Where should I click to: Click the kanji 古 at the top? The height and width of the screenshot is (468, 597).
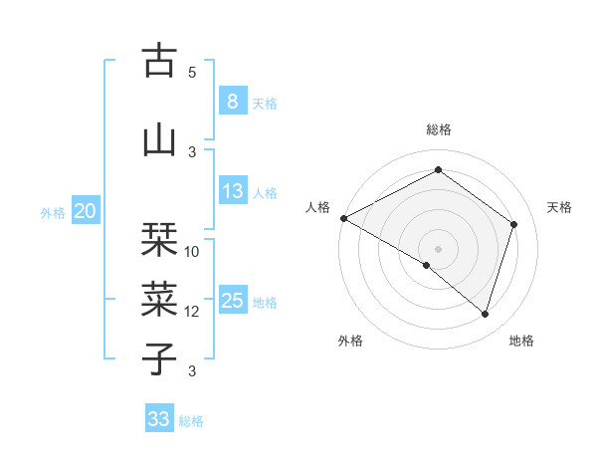tap(159, 61)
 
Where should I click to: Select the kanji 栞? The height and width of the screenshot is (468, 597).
tap(159, 238)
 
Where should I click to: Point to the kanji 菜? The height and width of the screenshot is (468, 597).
tap(159, 298)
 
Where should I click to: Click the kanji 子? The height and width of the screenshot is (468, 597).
tap(159, 357)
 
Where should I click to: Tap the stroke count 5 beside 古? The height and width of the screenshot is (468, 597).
tap(192, 73)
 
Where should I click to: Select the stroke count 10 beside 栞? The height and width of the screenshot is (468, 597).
tap(192, 251)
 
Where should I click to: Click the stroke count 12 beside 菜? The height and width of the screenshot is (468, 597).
tap(192, 311)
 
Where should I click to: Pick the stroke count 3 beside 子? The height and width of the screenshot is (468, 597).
tap(192, 371)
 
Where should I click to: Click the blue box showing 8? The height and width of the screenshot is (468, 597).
tap(232, 101)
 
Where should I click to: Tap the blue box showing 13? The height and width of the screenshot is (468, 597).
tap(232, 191)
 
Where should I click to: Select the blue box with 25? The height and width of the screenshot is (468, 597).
tap(232, 301)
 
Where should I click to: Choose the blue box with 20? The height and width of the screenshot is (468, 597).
tap(86, 210)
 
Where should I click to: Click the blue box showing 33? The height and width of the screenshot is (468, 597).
tap(158, 419)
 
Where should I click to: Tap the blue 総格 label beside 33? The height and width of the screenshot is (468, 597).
tap(191, 421)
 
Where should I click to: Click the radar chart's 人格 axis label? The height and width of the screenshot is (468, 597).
tap(317, 207)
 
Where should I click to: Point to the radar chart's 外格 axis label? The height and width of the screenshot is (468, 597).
tap(349, 341)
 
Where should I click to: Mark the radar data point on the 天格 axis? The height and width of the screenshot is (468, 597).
tap(514, 224)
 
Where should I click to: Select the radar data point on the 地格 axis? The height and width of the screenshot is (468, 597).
tap(485, 314)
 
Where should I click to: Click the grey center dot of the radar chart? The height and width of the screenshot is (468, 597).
tap(438, 248)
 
